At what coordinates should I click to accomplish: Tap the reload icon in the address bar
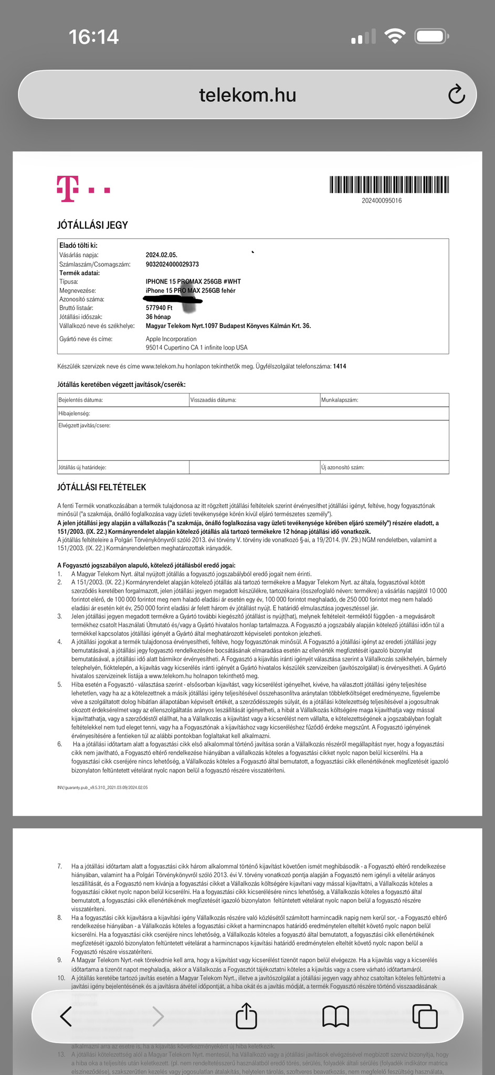(x=456, y=94)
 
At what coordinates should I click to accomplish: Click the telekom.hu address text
(x=247, y=95)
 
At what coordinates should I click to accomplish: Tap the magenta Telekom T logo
(x=68, y=188)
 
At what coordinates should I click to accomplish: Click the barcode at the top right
(x=389, y=185)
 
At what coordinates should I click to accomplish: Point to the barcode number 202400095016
(x=382, y=201)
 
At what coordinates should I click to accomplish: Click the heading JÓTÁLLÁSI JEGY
(x=92, y=225)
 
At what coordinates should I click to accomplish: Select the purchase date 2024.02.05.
(x=161, y=255)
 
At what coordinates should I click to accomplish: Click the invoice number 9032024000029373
(x=172, y=264)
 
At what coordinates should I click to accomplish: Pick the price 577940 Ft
(x=159, y=308)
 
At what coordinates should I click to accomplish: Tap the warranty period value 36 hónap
(x=158, y=317)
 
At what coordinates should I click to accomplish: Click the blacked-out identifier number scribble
(x=173, y=299)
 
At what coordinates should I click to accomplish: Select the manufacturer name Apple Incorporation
(x=171, y=339)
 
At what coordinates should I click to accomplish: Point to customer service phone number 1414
(x=339, y=366)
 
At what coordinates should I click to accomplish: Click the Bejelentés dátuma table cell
(x=123, y=400)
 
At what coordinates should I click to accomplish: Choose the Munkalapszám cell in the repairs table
(x=384, y=400)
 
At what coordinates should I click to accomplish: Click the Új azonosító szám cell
(x=384, y=467)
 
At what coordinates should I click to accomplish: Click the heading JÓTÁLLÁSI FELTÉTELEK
(x=101, y=487)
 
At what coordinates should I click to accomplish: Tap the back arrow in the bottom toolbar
(x=66, y=1017)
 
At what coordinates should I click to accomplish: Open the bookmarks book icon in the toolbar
(x=335, y=1017)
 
